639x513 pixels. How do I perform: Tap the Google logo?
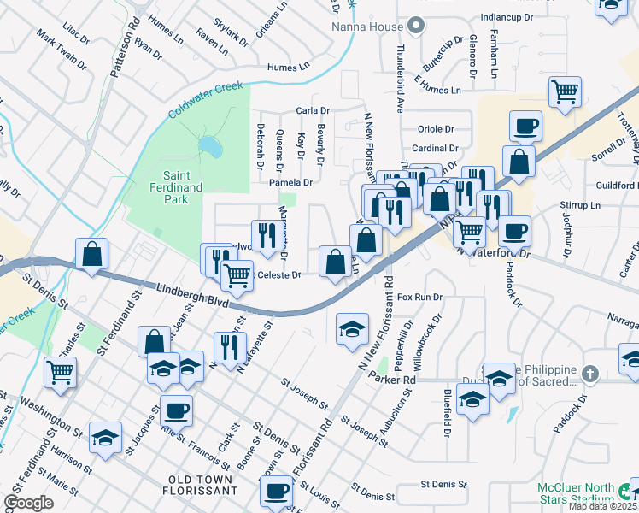[28, 503]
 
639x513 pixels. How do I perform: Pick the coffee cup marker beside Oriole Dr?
[525, 127]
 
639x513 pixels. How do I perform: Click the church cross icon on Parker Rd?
[589, 374]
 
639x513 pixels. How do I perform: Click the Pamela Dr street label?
[291, 182]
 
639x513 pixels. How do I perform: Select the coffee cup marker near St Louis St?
[277, 491]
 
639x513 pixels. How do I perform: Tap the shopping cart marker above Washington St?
[60, 371]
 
